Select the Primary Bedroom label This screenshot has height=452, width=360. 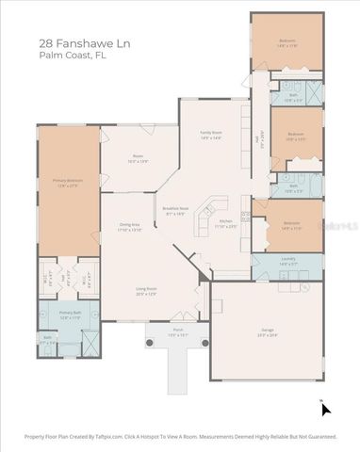(67, 182)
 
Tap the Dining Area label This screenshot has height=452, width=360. (129, 227)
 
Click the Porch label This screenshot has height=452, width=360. (177, 331)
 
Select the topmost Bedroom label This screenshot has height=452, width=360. (287, 42)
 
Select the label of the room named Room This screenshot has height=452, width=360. (139, 160)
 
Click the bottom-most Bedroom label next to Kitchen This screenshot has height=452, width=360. (291, 225)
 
